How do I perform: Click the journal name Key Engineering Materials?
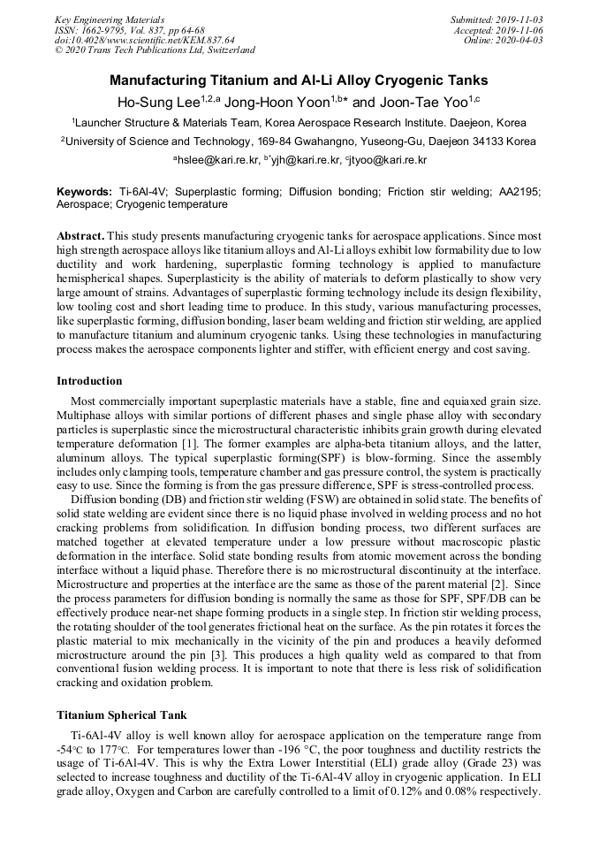(x=110, y=19)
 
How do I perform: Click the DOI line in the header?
(x=145, y=40)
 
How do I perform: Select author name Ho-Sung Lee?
(x=158, y=102)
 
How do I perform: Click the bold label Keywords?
(x=84, y=192)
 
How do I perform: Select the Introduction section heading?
(x=89, y=381)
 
